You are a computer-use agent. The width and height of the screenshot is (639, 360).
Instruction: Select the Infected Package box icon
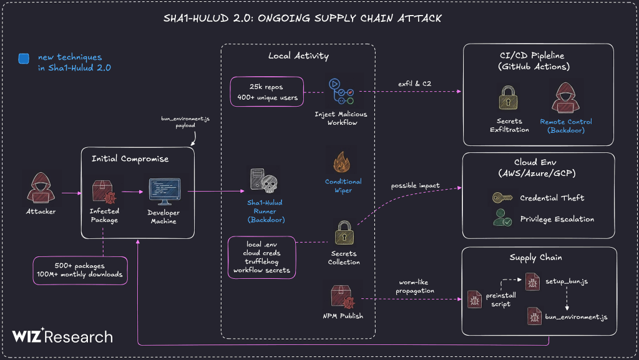pos(104,191)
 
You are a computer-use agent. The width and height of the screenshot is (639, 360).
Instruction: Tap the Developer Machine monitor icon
pos(164,192)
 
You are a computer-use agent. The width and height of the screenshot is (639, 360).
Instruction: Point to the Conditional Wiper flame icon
pos(343,163)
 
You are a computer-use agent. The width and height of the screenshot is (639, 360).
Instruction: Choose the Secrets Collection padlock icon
pos(344,235)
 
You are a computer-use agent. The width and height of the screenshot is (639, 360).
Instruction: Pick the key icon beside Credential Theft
pos(499,198)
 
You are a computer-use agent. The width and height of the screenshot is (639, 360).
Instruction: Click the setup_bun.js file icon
pos(532,281)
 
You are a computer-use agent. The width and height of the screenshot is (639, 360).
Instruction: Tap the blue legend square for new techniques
pos(24,59)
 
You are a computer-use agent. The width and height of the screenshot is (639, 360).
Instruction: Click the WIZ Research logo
pos(62,337)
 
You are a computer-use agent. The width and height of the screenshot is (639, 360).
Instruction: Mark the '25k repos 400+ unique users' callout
pos(266,92)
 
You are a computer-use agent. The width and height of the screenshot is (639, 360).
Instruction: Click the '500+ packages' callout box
pos(79,270)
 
